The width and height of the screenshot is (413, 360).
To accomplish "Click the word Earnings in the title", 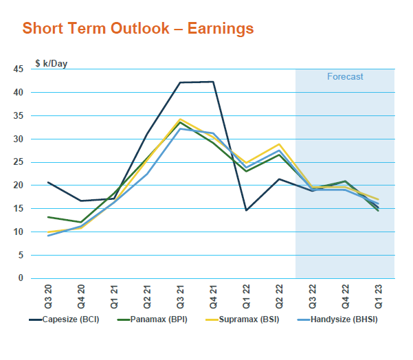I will tap(218, 29).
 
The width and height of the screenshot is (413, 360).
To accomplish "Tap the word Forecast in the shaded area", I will tap(345, 77).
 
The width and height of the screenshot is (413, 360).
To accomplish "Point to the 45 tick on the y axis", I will tap(19, 69).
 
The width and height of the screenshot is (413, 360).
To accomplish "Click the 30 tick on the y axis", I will tap(19, 139).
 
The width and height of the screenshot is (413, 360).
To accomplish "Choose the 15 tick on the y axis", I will tap(19, 209).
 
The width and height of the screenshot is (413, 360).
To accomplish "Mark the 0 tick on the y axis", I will tap(21, 278).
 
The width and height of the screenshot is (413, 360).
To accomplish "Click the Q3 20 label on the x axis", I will tap(48, 295).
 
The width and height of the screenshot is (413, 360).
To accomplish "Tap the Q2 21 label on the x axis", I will tap(147, 295).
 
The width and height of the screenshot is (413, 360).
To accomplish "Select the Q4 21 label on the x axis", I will tap(213, 295).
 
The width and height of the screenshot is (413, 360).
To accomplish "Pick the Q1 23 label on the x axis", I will tap(378, 295).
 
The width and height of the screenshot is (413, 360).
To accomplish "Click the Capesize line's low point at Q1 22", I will tap(246, 210).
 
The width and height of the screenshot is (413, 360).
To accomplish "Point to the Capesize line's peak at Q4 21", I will tap(213, 82).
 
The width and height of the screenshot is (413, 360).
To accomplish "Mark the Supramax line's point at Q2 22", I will tap(279, 144).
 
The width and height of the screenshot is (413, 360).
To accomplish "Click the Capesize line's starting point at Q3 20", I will tap(48, 182).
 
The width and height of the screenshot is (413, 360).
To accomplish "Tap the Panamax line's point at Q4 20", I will tap(81, 223).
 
